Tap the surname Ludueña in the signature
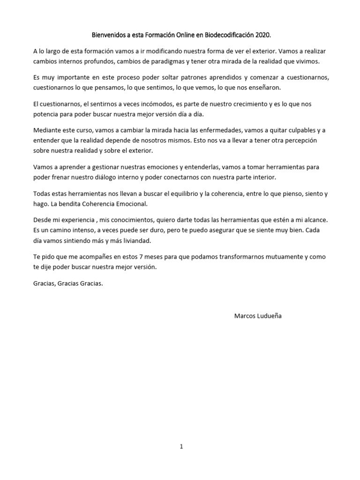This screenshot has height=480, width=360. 270,316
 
